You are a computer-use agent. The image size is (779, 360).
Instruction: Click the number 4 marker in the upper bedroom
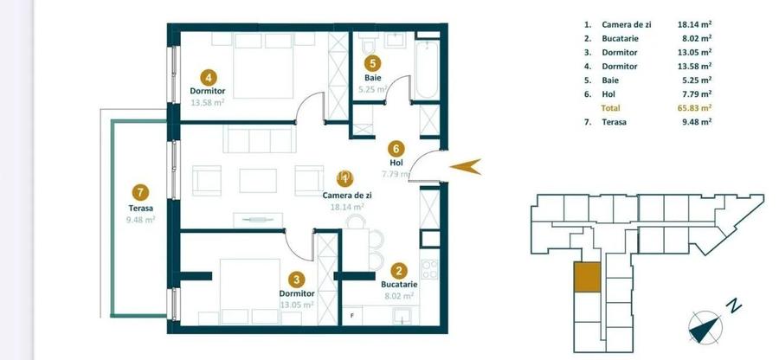click(208, 75)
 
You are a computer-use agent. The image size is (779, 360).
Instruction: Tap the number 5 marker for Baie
click(372, 62)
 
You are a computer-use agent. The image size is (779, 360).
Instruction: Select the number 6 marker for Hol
click(396, 148)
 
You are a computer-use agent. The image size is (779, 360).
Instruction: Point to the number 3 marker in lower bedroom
click(297, 279)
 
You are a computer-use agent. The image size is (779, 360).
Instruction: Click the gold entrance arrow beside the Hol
click(468, 167)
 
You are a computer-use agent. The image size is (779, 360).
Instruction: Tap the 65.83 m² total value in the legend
click(694, 108)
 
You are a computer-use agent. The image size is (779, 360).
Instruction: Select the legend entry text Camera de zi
click(625, 25)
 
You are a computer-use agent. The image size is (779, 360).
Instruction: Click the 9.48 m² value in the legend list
click(694, 122)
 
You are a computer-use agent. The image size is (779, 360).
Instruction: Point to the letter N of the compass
click(734, 305)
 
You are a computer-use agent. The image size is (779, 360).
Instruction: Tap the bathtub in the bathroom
click(427, 65)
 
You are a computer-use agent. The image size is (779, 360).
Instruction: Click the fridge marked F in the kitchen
click(352, 315)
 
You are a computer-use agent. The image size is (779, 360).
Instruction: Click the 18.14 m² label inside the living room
click(345, 207)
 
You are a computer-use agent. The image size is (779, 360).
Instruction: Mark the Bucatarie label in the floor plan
click(399, 284)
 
